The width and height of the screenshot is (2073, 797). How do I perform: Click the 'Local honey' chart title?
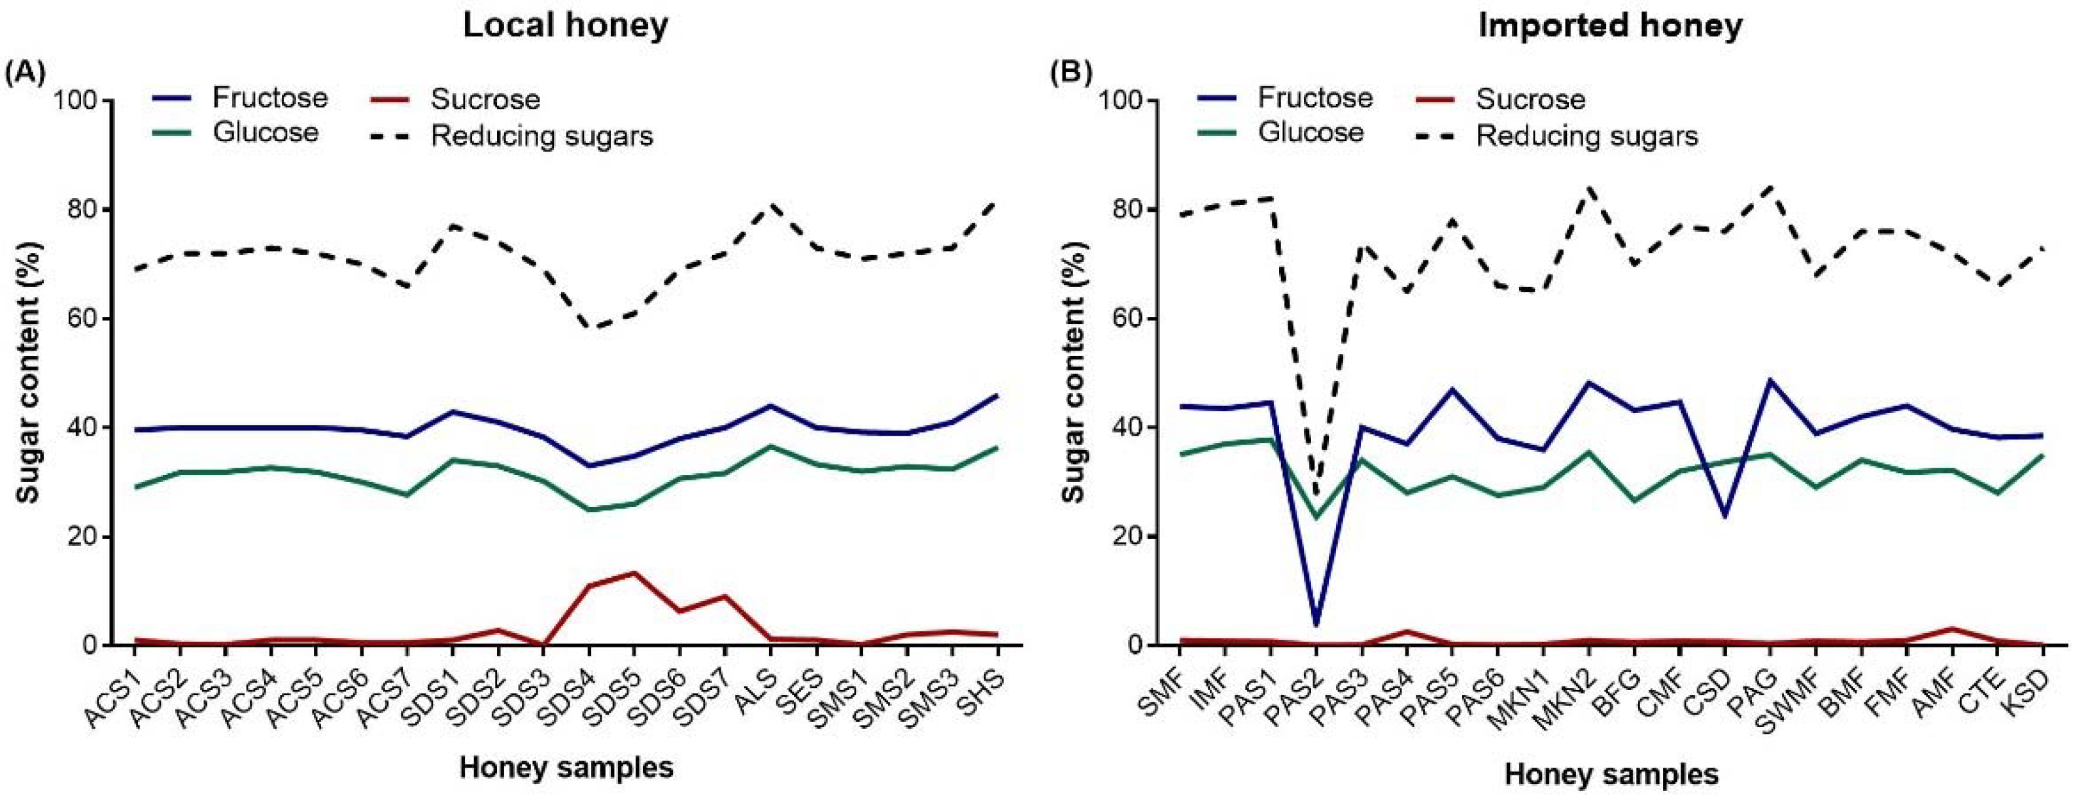pos(565,25)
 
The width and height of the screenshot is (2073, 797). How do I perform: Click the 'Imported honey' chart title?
pos(1610,25)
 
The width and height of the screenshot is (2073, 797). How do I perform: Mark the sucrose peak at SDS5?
pos(634,574)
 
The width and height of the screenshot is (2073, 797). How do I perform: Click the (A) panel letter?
pos(25,73)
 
